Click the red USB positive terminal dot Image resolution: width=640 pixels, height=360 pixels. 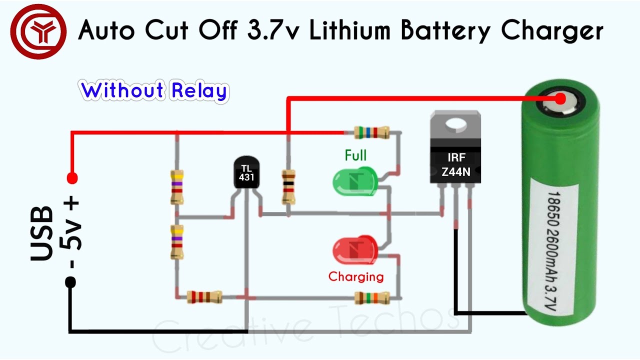[72, 177]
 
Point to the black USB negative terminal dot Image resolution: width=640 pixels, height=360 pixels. [70, 282]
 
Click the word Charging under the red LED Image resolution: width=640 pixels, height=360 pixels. [356, 276]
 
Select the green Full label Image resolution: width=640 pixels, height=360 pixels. [355, 155]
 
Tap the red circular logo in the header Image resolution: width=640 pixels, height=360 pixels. [38, 31]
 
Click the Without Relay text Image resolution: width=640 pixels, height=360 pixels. [154, 91]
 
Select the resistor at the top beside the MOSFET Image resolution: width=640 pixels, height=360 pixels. [371, 132]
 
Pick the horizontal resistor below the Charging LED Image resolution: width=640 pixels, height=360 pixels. [371, 298]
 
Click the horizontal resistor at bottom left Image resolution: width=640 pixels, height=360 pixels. [204, 297]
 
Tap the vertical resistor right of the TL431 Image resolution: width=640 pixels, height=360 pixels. [288, 186]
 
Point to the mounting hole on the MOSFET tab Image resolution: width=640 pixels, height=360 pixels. [455, 123]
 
